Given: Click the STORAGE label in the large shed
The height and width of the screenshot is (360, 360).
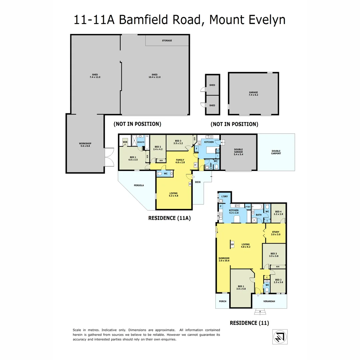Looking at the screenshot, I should tap(167, 41).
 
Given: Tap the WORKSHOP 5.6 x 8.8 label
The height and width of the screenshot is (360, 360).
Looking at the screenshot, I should tap(85, 145).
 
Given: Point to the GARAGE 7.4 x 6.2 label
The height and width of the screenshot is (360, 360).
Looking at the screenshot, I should tap(253, 94).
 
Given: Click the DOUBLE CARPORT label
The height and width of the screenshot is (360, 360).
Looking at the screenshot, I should tap(276, 152).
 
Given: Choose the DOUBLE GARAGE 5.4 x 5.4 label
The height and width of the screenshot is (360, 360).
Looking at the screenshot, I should tap(238, 152).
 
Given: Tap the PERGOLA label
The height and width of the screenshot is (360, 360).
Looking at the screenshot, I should tap(139, 185).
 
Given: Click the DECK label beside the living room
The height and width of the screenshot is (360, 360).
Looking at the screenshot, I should tap(198, 182).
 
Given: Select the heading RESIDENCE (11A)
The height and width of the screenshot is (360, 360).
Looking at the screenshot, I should tap(169, 218).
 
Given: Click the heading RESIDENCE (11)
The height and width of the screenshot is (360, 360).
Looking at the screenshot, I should tap(249, 323).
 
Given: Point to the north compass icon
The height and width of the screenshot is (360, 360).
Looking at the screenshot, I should tap(280, 336).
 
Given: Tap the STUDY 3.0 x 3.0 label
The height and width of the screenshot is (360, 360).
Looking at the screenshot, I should tap(275, 233).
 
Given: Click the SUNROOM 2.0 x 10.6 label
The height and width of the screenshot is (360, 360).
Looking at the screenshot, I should tap(224, 259).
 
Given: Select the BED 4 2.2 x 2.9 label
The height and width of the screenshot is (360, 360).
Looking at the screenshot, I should tap(279, 212).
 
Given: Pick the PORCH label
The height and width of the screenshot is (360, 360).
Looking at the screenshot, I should tap(222, 301).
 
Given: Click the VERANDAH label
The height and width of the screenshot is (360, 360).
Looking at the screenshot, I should tap(269, 301).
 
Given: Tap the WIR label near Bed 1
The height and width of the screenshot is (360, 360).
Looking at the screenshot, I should tap(125, 142).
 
